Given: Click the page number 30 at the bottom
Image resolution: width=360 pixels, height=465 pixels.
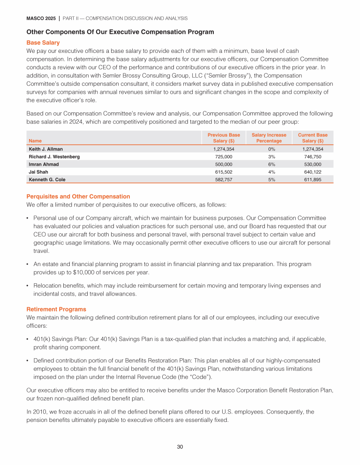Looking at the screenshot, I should (180, 447).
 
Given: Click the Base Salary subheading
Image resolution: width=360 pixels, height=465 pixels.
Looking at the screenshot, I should (43, 43).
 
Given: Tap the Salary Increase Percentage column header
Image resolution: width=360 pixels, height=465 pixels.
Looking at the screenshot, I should (269, 138).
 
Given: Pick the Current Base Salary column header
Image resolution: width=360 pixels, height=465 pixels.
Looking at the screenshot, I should (313, 138).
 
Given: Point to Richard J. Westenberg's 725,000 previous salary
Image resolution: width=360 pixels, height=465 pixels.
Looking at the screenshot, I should (224, 157).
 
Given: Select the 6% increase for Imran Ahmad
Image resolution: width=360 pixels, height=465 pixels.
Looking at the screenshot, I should (269, 164).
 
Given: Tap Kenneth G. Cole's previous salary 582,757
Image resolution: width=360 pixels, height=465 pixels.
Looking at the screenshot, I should (224, 180).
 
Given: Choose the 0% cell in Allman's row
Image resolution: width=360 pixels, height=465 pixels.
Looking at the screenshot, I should (269, 149).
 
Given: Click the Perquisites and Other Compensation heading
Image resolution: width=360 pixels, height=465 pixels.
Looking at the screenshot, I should (78, 196).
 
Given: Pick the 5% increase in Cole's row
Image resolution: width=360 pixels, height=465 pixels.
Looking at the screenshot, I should (269, 180).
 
